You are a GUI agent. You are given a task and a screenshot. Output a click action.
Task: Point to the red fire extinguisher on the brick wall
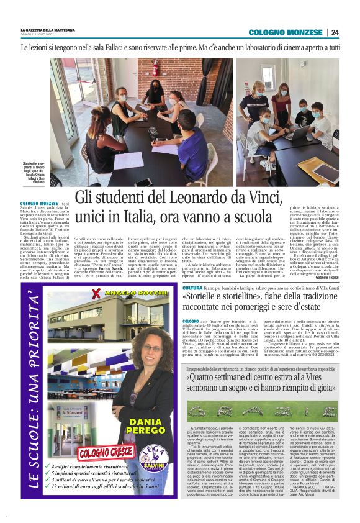[155, 68]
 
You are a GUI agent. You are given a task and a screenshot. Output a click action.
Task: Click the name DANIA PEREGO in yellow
[148, 429]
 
